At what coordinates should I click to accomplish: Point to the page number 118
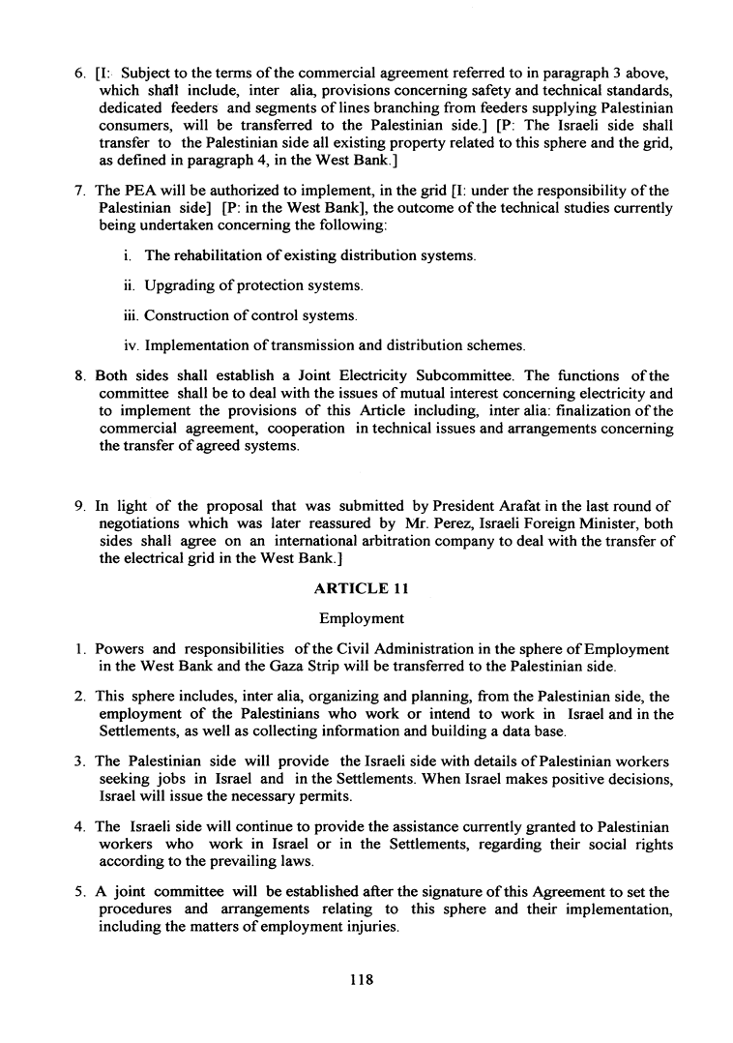361,979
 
